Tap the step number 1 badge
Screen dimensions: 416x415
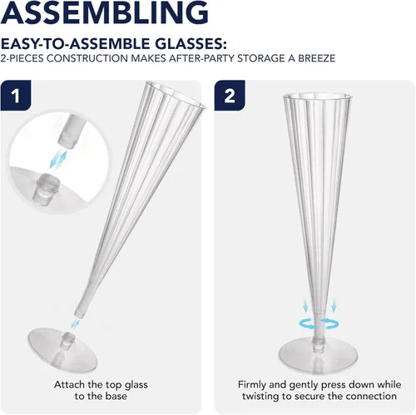click(16, 96)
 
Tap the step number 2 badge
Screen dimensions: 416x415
click(230, 96)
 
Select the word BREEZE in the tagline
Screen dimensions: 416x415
click(317, 58)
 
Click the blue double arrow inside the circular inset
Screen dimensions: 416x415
click(58, 160)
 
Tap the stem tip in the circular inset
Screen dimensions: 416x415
click(67, 134)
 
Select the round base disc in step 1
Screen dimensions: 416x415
click(62, 350)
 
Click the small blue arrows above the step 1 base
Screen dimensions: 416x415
click(75, 324)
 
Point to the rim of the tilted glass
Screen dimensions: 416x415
click(176, 93)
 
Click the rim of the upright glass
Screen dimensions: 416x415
click(317, 96)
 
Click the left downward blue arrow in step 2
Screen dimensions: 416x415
click(305, 305)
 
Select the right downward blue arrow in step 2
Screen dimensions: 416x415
click(334, 305)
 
